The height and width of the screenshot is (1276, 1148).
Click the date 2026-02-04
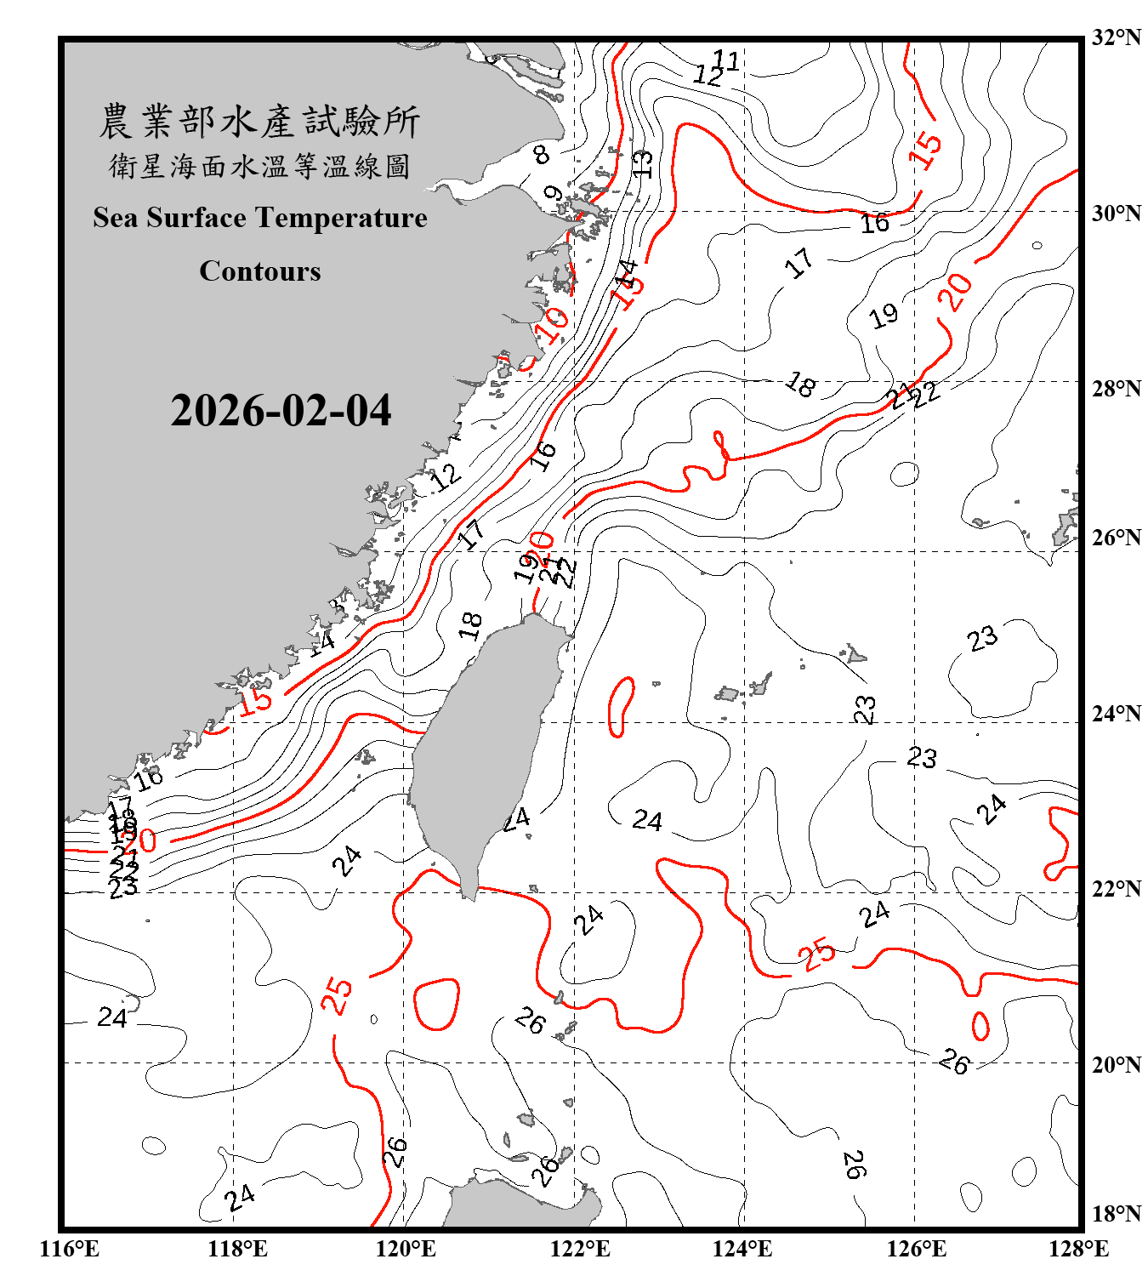pos(281,411)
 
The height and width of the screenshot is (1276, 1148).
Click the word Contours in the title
pos(260,271)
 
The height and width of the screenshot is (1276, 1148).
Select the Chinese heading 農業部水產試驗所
pos(259,121)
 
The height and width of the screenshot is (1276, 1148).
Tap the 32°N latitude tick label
pos(1116,37)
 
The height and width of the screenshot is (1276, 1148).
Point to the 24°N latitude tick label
pos(1116,713)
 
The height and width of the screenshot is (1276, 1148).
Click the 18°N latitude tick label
pos(1116,1214)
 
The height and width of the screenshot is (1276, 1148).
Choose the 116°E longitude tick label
pos(70,1249)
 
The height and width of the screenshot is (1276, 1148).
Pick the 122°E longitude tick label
pos(580,1249)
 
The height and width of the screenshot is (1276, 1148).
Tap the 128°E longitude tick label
pos(1078,1249)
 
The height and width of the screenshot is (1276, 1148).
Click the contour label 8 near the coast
pos(542,155)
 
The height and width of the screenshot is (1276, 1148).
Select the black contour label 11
pos(726,60)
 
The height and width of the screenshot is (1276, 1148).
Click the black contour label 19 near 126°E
pos(884,316)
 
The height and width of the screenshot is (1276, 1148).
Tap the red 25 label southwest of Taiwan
pos(338,995)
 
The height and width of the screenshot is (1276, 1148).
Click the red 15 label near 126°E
pos(925,150)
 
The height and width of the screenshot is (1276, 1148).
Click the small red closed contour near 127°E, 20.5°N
pos(980,1026)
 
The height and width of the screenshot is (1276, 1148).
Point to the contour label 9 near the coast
pos(553,194)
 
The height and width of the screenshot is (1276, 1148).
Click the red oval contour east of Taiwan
pos(622,706)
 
